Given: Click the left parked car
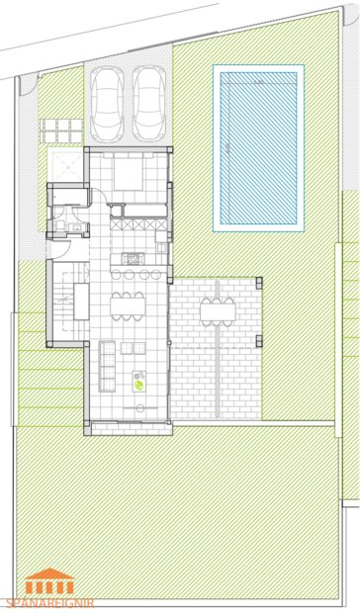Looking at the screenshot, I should tap(107, 104).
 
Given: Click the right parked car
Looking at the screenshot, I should tap(148, 104).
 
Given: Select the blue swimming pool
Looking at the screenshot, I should tap(258, 148).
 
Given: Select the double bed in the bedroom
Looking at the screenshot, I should tap(129, 175).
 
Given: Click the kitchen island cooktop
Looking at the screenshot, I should tap(132, 259).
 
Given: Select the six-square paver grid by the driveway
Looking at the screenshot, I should tap(59, 128).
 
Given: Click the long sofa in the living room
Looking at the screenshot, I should tap(106, 361).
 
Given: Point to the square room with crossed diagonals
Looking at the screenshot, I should tap(65, 163).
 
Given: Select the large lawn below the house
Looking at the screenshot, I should tap(178, 514).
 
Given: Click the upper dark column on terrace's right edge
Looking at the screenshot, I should tap(259, 282).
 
